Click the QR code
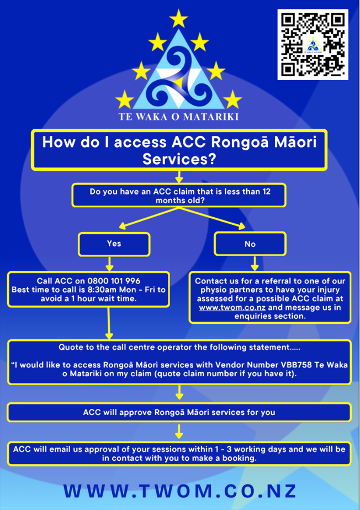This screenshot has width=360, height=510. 313,44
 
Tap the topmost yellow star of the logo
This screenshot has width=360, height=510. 178,19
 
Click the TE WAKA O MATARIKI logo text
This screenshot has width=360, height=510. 179,117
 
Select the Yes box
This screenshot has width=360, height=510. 114,244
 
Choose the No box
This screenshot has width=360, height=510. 250,244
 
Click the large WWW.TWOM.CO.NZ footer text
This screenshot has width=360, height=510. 180,491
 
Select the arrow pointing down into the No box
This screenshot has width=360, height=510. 255,263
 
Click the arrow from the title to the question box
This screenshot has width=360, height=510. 178,177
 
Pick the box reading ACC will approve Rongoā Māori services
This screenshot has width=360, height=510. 179,412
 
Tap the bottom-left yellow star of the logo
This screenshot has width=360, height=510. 124,99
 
